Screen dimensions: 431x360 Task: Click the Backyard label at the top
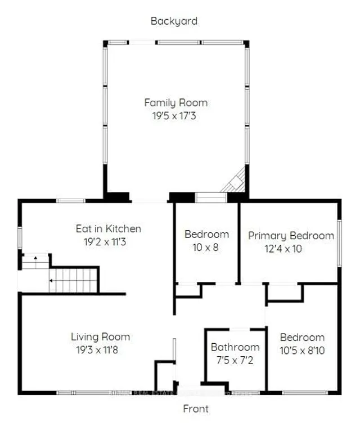coord(174,21)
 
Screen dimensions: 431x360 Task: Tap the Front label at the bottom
coord(196,408)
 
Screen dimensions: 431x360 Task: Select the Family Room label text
coord(175,103)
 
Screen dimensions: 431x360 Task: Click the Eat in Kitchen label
coord(109,229)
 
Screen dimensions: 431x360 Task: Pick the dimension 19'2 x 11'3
coord(109,243)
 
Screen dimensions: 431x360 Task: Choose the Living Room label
coord(100,337)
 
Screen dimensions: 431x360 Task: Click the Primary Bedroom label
coord(291,235)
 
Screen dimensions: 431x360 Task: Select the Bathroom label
coord(235,347)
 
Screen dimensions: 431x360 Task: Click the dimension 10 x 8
coord(206,248)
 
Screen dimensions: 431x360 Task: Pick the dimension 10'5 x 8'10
coord(302,351)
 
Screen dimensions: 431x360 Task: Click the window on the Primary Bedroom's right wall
coord(339,243)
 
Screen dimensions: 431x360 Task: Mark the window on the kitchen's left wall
coord(20,237)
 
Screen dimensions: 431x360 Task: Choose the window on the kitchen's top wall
coord(71,200)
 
